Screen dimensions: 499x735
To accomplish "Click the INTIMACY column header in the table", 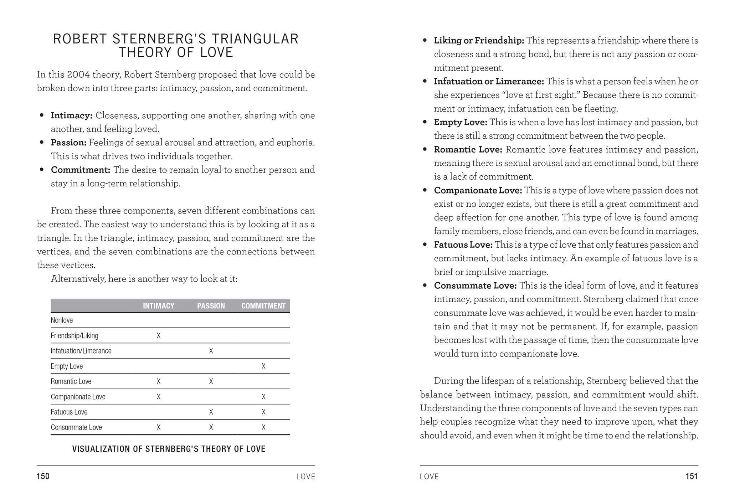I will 159,306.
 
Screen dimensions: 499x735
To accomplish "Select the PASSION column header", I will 211,306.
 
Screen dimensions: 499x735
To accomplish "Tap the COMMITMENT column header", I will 263,306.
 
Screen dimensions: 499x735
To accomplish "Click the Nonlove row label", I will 62,320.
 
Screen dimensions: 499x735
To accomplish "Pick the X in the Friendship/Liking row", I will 159,335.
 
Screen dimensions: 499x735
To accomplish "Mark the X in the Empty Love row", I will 263,366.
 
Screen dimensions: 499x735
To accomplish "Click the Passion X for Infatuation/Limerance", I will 211,351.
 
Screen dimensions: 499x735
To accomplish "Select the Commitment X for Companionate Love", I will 263,397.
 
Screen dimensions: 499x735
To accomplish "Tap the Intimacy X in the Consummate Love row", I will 159,427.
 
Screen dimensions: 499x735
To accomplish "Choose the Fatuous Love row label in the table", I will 69,412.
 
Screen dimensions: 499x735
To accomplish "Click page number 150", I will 43,477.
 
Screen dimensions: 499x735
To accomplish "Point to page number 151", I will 692,477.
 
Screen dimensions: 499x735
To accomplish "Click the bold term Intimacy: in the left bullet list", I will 72,115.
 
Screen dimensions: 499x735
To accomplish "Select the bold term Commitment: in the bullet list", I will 81,170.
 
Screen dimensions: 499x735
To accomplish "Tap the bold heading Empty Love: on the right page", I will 461,122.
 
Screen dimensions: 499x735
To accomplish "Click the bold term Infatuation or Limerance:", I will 489,81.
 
